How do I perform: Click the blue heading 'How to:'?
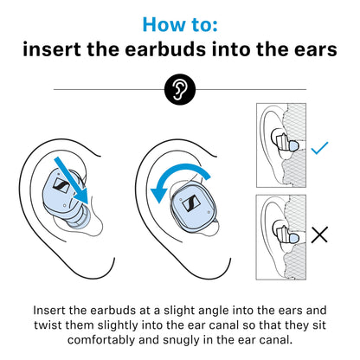pyautogui.click(x=179, y=22)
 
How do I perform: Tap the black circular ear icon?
pyautogui.click(x=179, y=88)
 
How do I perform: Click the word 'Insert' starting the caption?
pyautogui.click(x=51, y=309)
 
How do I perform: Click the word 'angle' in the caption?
pyautogui.click(x=206, y=309)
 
